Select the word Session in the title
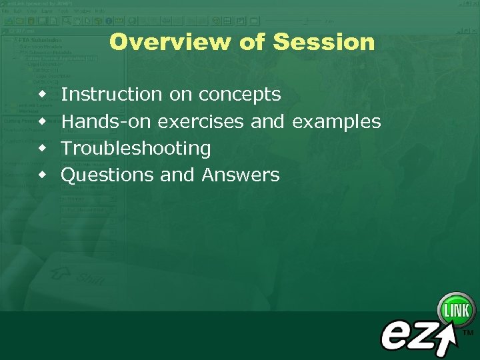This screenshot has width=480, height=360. point(324,42)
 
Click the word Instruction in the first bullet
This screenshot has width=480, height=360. point(111,95)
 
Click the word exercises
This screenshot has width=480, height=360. point(205,121)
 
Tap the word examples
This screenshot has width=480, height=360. point(337,122)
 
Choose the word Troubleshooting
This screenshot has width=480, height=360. point(136,149)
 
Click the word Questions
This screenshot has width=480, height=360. point(108,175)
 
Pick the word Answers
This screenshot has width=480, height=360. point(241,175)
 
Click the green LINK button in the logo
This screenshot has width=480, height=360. point(456,310)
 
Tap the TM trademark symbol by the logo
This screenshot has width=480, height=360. point(468,332)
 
